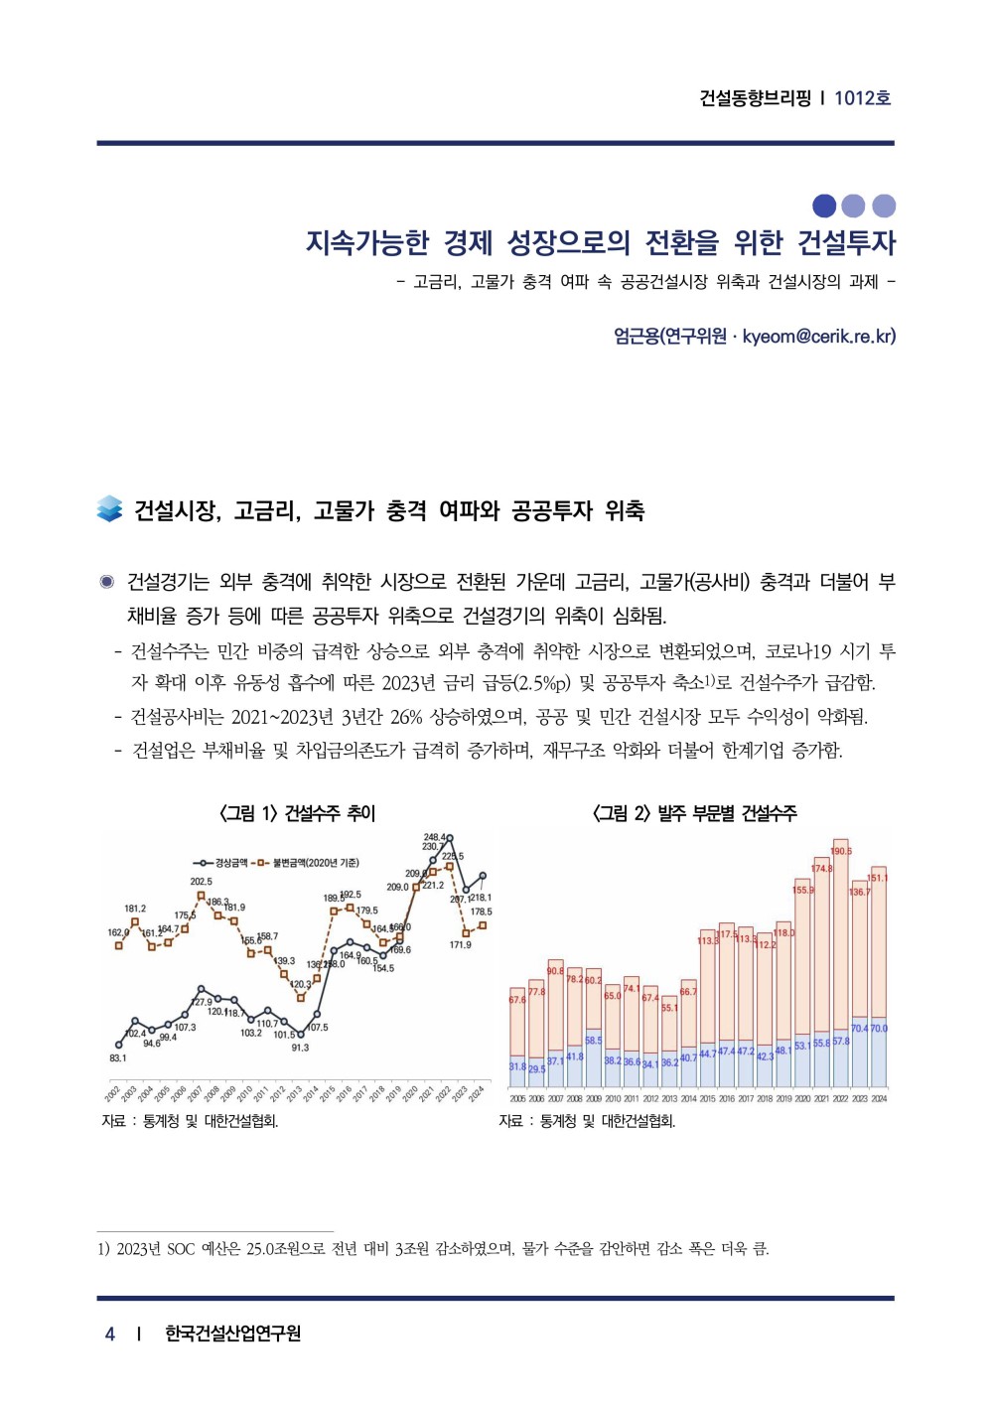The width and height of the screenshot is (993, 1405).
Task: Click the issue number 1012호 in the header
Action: point(862,97)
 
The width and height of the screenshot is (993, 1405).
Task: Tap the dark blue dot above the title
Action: point(824,206)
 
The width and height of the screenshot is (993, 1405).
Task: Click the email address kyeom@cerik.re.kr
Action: point(818,336)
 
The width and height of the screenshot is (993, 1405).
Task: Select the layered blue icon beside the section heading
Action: point(109,508)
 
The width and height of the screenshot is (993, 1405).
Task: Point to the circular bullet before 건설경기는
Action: point(107,582)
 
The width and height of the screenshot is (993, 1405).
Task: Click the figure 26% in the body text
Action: point(406,716)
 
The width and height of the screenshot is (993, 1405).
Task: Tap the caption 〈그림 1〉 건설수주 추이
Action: point(297,813)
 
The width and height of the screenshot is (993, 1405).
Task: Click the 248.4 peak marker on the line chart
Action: point(450,838)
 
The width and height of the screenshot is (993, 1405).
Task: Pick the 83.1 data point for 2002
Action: point(119,1045)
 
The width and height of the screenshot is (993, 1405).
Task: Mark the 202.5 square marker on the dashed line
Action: point(202,896)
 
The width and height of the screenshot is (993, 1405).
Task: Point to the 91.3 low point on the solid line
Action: point(301,1035)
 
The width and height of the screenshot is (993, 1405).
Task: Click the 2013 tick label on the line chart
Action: point(295,1092)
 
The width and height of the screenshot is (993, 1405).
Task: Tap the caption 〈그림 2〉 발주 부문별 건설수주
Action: point(694,813)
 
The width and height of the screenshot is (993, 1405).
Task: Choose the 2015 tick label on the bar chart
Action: point(707,1099)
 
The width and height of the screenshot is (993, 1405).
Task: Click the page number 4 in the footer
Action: point(110,1334)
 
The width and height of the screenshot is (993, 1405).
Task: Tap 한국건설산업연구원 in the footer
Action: point(232,1334)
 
